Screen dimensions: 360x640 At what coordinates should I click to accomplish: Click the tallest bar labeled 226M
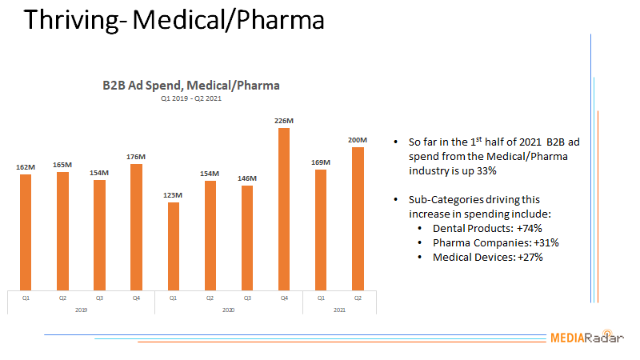pyautogui.click(x=284, y=208)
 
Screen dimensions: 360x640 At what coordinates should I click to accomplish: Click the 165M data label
pyautogui.click(x=63, y=164)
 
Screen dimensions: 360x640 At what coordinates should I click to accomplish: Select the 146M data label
pyautogui.click(x=247, y=178)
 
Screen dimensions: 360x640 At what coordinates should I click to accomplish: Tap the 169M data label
pyautogui.click(x=321, y=162)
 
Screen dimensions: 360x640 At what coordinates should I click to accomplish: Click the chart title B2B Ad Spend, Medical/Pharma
pyautogui.click(x=191, y=85)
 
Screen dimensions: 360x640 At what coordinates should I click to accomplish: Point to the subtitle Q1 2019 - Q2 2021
pyautogui.click(x=191, y=99)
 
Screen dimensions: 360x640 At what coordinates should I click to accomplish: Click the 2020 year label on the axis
pyautogui.click(x=229, y=309)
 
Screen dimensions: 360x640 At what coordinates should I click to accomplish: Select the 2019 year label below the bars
pyautogui.click(x=82, y=309)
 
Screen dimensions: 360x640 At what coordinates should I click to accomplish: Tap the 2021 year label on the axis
pyautogui.click(x=339, y=309)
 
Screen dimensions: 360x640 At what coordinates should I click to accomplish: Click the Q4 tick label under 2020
pyautogui.click(x=284, y=298)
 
